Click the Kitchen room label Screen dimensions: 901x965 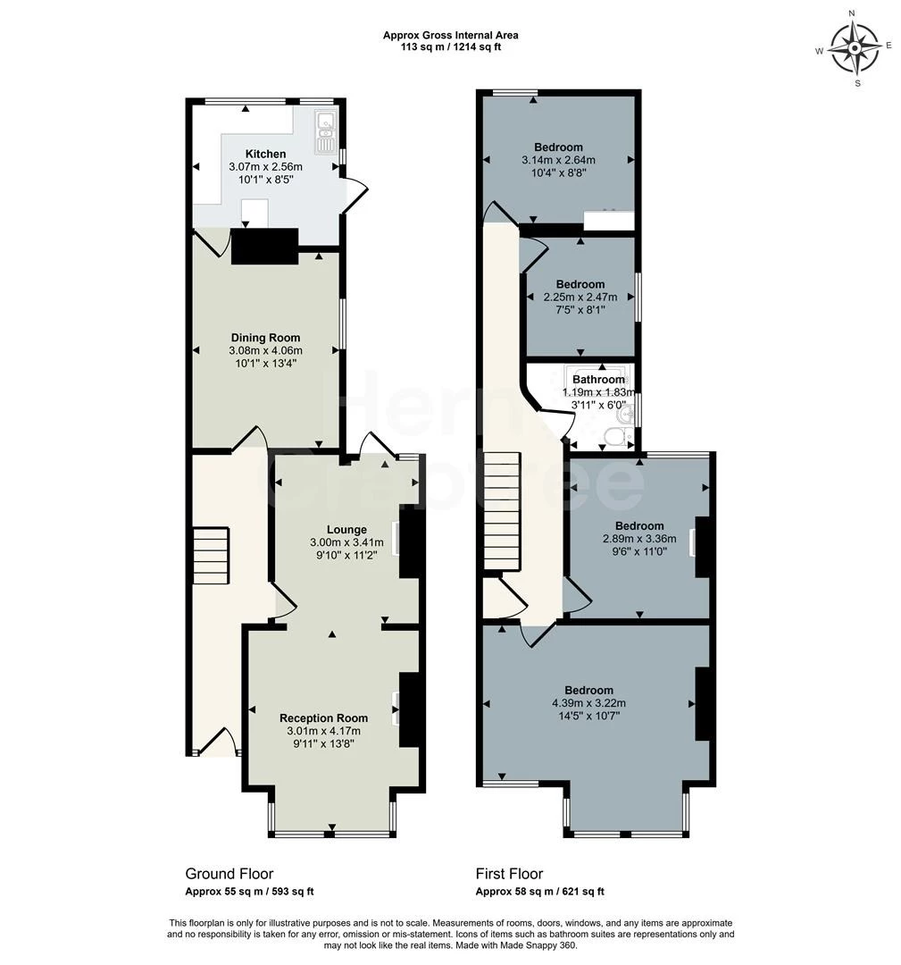pyautogui.click(x=266, y=154)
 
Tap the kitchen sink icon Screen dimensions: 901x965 pyautogui.click(x=323, y=131)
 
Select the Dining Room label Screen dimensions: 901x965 pyautogui.click(x=266, y=337)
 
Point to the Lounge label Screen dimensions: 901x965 pyautogui.click(x=346, y=529)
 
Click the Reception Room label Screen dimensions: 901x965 pyautogui.click(x=323, y=717)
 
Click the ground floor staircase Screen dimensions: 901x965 pyautogui.click(x=211, y=555)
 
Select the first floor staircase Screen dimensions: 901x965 pyautogui.click(x=502, y=512)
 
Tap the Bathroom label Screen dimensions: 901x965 pyautogui.click(x=598, y=379)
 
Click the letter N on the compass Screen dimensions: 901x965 pyautogui.click(x=852, y=13)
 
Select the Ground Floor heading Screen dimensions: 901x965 pyautogui.click(x=229, y=873)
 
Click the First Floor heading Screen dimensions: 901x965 pyautogui.click(x=509, y=873)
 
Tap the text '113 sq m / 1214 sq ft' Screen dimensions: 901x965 pyautogui.click(x=451, y=46)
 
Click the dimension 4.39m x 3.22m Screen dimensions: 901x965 pyautogui.click(x=589, y=703)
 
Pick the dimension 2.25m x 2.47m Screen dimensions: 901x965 pyautogui.click(x=580, y=298)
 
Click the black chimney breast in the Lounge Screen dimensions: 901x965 pyautogui.click(x=409, y=541)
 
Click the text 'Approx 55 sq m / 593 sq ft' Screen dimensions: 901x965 pyautogui.click(x=249, y=891)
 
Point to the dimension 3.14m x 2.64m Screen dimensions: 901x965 pyautogui.click(x=558, y=160)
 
